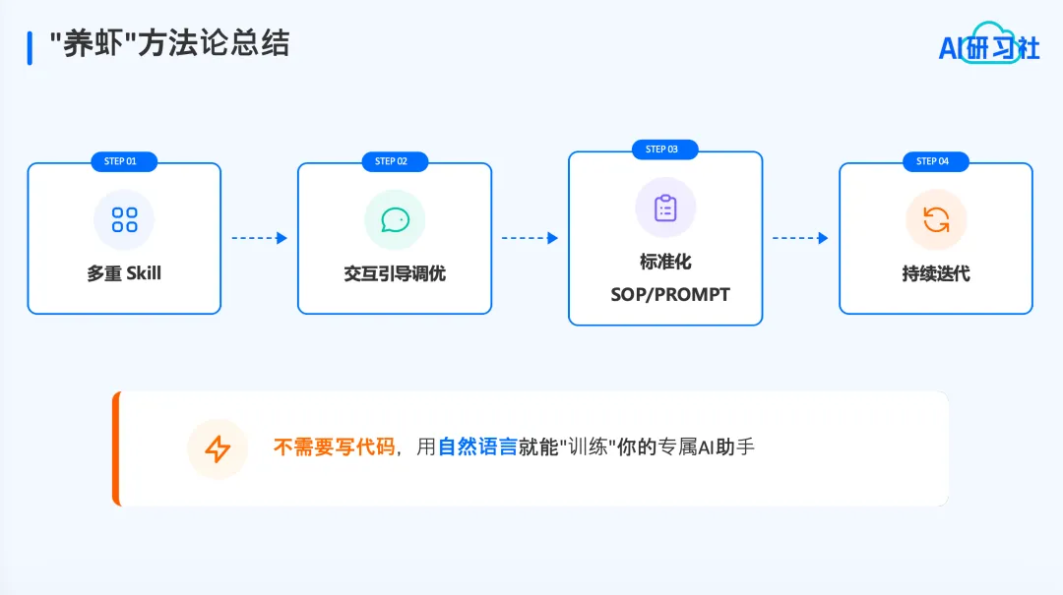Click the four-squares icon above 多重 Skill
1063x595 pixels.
click(124, 219)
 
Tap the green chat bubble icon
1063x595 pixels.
click(395, 219)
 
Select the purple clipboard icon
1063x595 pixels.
click(665, 208)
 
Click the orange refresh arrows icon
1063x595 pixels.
click(936, 219)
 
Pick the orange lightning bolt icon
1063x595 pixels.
click(218, 449)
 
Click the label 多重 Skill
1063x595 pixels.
click(124, 273)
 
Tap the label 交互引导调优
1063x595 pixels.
click(395, 273)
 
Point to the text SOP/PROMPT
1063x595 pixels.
click(669, 294)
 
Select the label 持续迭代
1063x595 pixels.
click(936, 273)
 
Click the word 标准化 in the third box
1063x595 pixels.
click(665, 263)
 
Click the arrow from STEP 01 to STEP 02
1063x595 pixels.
click(259, 238)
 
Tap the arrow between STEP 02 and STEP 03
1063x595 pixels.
click(530, 238)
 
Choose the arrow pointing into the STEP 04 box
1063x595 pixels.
click(800, 238)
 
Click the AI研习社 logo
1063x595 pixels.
click(988, 43)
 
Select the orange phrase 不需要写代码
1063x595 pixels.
click(334, 448)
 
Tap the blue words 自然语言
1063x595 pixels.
click(477, 448)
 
